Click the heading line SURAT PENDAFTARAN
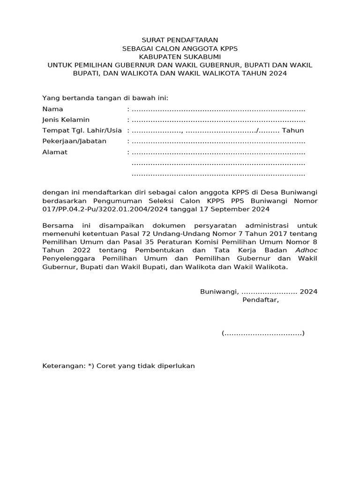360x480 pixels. click(180, 40)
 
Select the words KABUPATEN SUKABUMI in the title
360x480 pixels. click(180, 57)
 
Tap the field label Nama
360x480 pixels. click(52, 109)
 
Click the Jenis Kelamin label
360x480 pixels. click(66, 120)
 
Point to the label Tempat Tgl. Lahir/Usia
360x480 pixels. click(82, 131)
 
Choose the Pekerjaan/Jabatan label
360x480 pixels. click(74, 142)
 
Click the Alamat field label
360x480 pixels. click(55, 152)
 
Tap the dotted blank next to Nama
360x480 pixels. click(218, 110)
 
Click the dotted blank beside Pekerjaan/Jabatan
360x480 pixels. click(218, 142)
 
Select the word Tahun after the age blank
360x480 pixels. click(293, 131)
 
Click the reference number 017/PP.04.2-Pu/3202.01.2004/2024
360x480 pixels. click(101, 210)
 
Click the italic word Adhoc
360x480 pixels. click(306, 250)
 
